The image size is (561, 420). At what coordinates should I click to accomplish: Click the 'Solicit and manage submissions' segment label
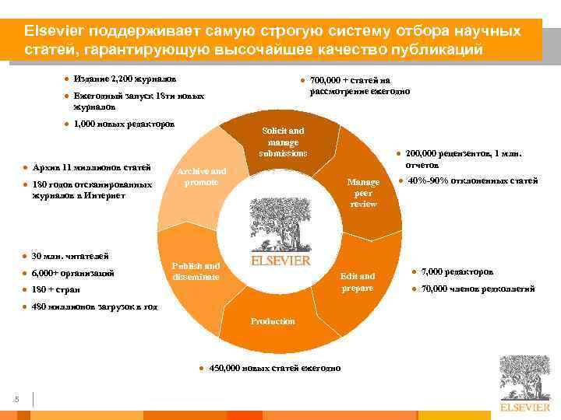283,142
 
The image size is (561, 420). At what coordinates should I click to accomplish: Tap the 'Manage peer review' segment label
363,193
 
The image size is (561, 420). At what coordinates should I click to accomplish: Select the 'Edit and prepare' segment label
357,282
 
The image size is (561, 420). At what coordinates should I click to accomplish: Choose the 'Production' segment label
273,321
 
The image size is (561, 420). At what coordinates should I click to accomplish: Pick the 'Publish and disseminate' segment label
196,271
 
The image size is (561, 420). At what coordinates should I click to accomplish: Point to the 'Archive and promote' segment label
201,177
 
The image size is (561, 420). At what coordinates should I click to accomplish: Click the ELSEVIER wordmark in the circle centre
280,261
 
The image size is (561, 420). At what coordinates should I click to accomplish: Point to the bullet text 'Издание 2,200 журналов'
125,79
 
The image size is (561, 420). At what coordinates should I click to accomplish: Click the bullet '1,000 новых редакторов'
124,124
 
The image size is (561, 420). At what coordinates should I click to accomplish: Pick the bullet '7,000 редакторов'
457,271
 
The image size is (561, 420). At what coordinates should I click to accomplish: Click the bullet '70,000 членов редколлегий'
478,289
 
